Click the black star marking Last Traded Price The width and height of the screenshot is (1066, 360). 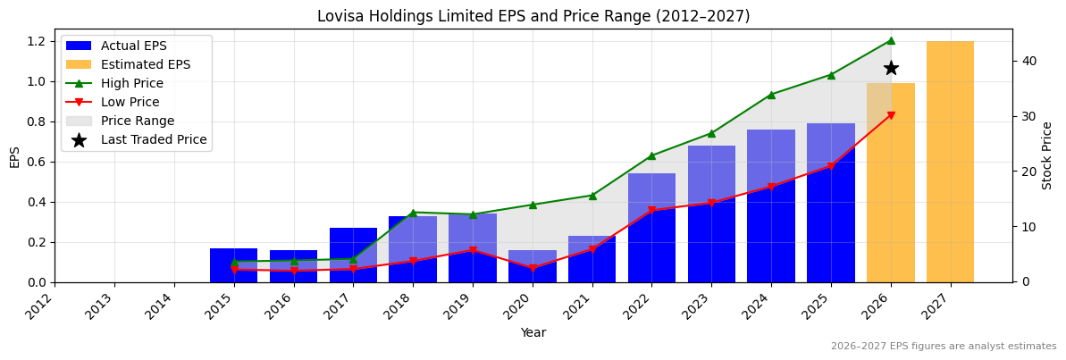(x=891, y=68)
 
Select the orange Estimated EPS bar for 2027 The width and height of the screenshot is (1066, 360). (x=950, y=162)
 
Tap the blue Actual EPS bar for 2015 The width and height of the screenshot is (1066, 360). (x=234, y=265)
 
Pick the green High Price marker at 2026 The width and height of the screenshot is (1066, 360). (x=891, y=40)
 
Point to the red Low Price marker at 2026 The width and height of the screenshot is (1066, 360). (x=891, y=115)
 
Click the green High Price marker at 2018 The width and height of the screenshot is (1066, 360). (x=413, y=213)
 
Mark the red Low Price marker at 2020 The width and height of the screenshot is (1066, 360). (x=533, y=268)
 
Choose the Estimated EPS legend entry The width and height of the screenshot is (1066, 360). (x=146, y=64)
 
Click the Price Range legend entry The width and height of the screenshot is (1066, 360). (x=138, y=121)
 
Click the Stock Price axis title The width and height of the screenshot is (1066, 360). (x=1048, y=155)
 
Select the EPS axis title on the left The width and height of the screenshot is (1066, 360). (x=14, y=156)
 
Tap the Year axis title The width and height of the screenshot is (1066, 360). (x=533, y=333)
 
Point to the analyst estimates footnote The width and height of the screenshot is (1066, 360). (x=944, y=347)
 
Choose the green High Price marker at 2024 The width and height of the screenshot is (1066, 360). (x=771, y=95)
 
